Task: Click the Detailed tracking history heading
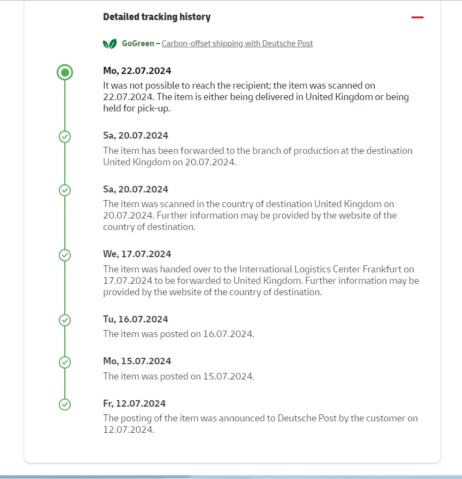coord(157,17)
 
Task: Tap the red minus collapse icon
coord(417,17)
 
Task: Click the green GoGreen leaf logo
coord(110,44)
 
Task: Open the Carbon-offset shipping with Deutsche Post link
coord(237,43)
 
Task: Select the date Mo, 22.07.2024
coord(137,71)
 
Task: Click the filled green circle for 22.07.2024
coord(65,72)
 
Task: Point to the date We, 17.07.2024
coord(137,254)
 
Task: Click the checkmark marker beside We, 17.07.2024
coord(65,254)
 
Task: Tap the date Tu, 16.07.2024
coord(136,319)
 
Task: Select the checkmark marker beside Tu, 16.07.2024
coord(65,320)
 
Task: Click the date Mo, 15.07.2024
coord(137,361)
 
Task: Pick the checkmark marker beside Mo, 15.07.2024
coord(65,362)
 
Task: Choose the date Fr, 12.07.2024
coord(135,403)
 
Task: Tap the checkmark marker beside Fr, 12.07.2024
coord(65,404)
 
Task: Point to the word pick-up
coord(138,108)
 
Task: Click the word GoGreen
coord(138,43)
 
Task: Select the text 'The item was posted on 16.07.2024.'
coord(179,334)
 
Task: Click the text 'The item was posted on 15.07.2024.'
coord(179,376)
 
